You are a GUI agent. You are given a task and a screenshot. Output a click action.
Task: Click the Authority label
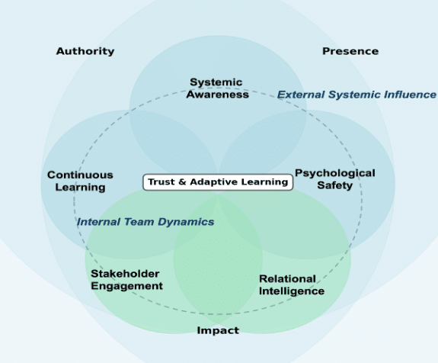click(x=85, y=51)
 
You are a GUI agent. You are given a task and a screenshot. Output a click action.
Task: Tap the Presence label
click(x=350, y=51)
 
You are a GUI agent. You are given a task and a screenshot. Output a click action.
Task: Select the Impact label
click(x=218, y=330)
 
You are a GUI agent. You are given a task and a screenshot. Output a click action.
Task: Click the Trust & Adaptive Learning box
click(x=218, y=182)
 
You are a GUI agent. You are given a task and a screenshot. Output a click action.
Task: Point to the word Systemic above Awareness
click(x=216, y=82)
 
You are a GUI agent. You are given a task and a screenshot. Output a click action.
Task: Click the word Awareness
click(x=218, y=95)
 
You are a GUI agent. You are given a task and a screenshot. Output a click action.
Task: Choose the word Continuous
click(x=80, y=175)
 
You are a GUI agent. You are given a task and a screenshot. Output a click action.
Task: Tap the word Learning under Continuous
click(x=80, y=188)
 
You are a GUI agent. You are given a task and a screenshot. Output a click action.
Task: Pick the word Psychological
click(x=335, y=173)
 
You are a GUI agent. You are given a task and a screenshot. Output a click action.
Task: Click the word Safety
click(x=335, y=185)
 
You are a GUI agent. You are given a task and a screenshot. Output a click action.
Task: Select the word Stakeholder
click(x=125, y=274)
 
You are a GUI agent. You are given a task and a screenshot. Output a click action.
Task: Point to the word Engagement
click(x=126, y=286)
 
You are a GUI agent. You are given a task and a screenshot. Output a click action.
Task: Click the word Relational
click(x=287, y=279)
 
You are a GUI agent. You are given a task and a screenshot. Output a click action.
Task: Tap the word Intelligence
click(x=292, y=291)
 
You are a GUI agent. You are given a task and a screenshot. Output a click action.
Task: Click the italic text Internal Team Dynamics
click(x=145, y=222)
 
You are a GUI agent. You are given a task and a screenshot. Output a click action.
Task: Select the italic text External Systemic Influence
click(x=356, y=95)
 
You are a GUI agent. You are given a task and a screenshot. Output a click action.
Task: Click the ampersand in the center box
click(x=182, y=182)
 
